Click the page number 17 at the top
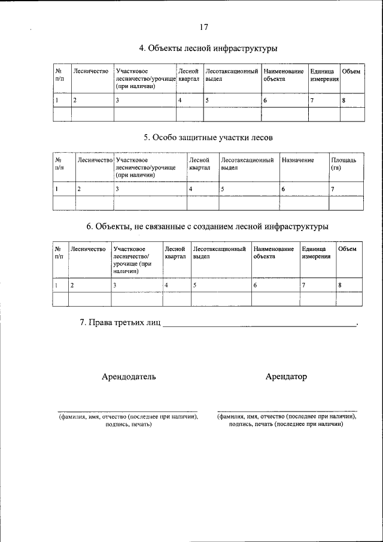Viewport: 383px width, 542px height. click(x=203, y=27)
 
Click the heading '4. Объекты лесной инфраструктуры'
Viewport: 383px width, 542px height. click(x=208, y=48)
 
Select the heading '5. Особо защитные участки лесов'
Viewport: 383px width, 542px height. click(x=208, y=137)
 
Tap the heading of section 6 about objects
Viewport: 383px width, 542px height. click(x=208, y=226)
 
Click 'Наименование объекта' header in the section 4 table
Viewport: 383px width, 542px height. click(x=283, y=75)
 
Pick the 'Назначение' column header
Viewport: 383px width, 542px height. click(x=297, y=161)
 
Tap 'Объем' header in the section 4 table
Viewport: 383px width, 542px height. click(x=351, y=72)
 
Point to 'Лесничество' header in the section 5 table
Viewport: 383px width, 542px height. click(x=95, y=161)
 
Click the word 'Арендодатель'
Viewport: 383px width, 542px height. click(x=129, y=377)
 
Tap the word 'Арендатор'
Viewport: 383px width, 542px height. click(x=286, y=377)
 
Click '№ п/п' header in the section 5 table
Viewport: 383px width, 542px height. click(x=59, y=164)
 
